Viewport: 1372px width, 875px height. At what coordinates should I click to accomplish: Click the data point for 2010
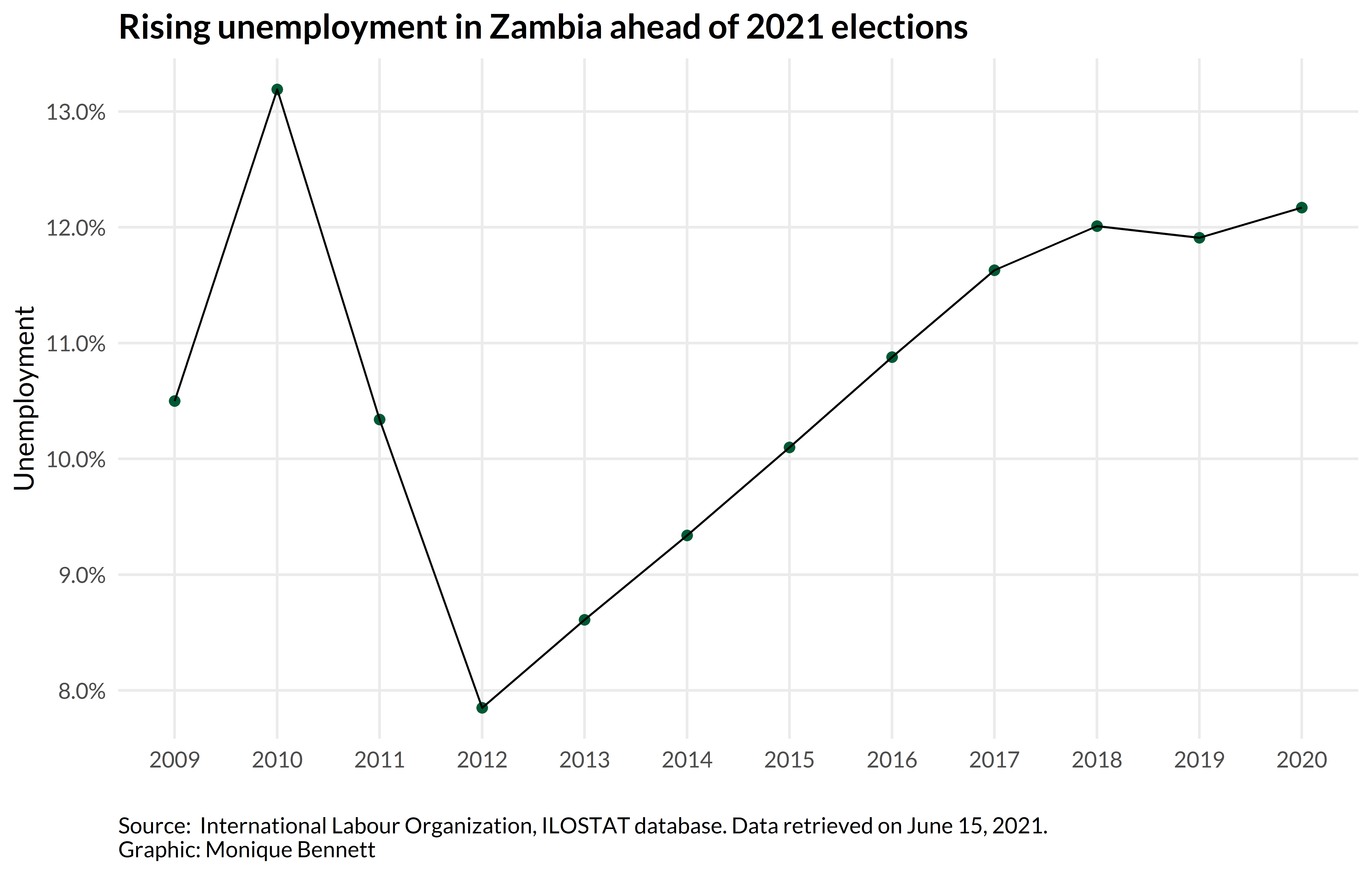tap(277, 89)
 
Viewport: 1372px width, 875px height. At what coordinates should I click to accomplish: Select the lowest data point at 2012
tap(482, 708)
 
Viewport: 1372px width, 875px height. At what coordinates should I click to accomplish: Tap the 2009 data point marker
tap(175, 401)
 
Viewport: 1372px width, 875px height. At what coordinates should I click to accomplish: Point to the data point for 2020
tap(1301, 207)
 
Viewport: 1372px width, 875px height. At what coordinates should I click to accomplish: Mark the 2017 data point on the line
tap(994, 270)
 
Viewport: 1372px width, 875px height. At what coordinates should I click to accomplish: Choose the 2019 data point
tap(1199, 238)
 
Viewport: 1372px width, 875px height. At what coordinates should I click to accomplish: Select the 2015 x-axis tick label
tap(789, 760)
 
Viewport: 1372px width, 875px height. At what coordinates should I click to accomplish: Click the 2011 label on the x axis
tap(380, 760)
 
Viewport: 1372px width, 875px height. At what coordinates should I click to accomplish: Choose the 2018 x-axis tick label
tap(1097, 760)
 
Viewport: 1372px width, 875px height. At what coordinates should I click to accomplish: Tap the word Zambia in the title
tap(545, 27)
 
